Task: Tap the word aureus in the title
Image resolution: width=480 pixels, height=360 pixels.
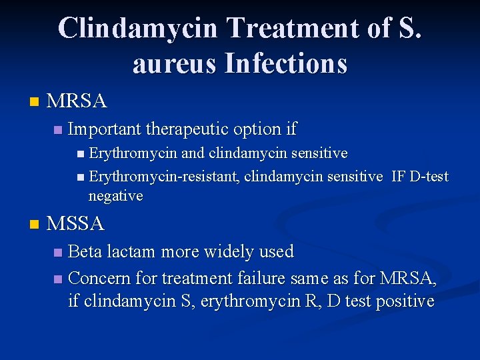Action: point(175,64)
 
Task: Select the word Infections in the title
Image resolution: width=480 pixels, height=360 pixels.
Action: point(286,64)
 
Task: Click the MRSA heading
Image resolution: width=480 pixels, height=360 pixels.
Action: point(77,101)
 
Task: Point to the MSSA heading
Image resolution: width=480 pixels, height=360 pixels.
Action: point(76,224)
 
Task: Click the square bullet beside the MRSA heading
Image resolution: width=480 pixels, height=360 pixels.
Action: point(34,102)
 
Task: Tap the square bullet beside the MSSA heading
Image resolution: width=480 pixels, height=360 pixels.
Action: point(34,225)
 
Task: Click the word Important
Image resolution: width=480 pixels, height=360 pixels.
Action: point(104,128)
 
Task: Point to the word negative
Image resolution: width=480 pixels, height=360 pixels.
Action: point(115,196)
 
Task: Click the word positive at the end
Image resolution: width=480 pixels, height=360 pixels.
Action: point(405,301)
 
